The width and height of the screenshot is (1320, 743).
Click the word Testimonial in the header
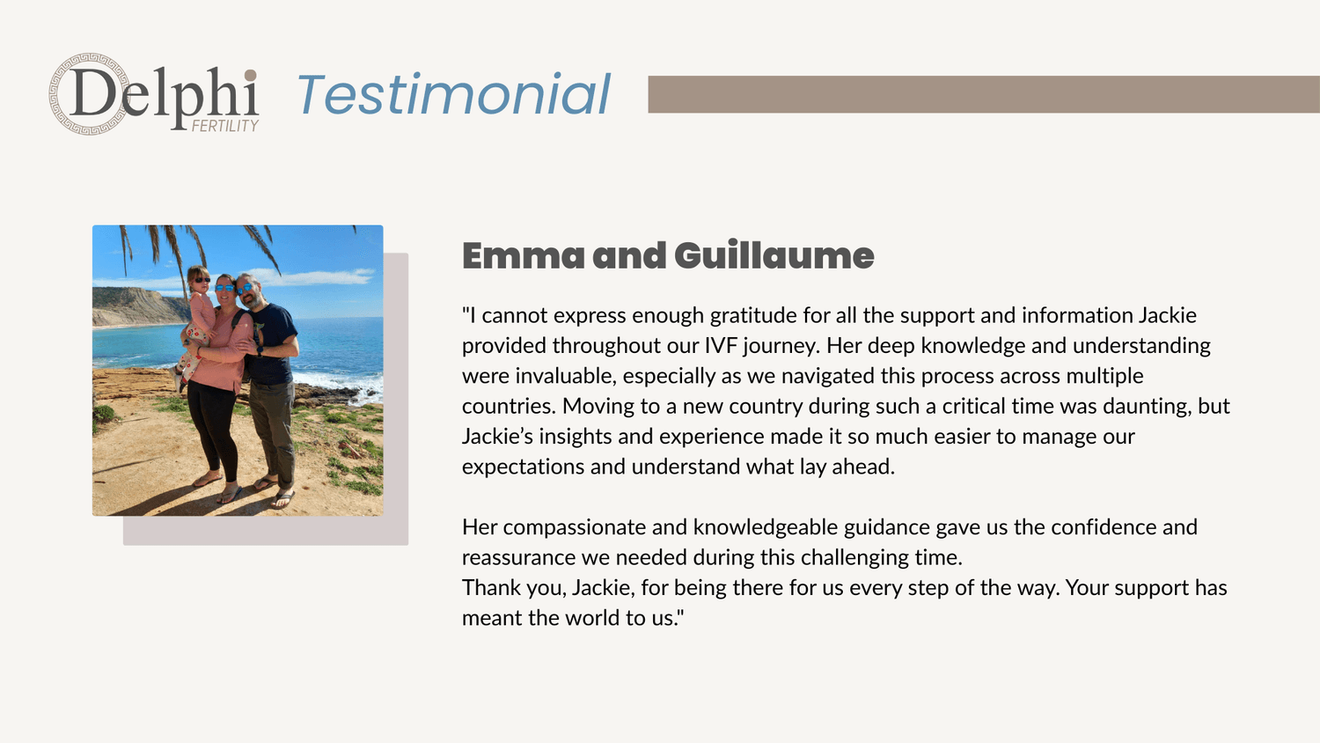tap(453, 94)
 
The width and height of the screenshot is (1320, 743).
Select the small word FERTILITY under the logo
tap(225, 126)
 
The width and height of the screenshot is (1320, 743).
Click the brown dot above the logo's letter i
tap(251, 76)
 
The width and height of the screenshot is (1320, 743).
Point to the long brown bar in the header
tap(984, 94)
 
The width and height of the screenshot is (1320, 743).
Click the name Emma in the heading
tap(524, 256)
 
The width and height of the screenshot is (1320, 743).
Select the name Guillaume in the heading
tap(774, 256)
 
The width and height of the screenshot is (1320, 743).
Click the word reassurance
tap(518, 558)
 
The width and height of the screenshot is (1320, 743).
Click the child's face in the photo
tap(200, 280)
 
